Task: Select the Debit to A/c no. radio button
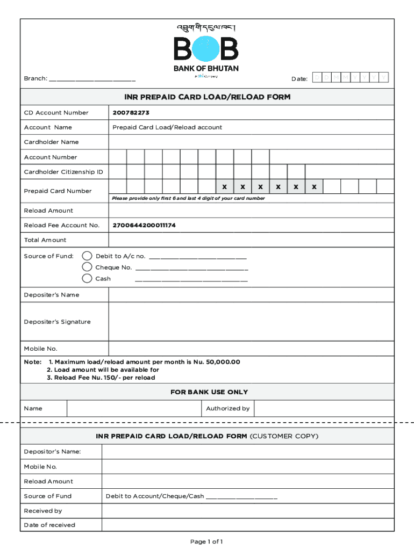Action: click(87, 256)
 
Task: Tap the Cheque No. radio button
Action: click(87, 267)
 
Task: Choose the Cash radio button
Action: click(87, 278)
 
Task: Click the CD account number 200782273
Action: click(131, 113)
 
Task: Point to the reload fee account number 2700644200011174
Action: click(144, 225)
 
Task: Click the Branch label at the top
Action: click(35, 79)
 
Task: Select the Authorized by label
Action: click(227, 408)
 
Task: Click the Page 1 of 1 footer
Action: click(206, 541)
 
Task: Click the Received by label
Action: click(43, 510)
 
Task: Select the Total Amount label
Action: click(45, 240)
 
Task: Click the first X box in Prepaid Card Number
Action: click(225, 187)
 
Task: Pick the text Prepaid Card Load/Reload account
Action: click(167, 127)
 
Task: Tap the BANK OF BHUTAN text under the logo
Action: click(206, 69)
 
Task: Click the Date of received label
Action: click(49, 525)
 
